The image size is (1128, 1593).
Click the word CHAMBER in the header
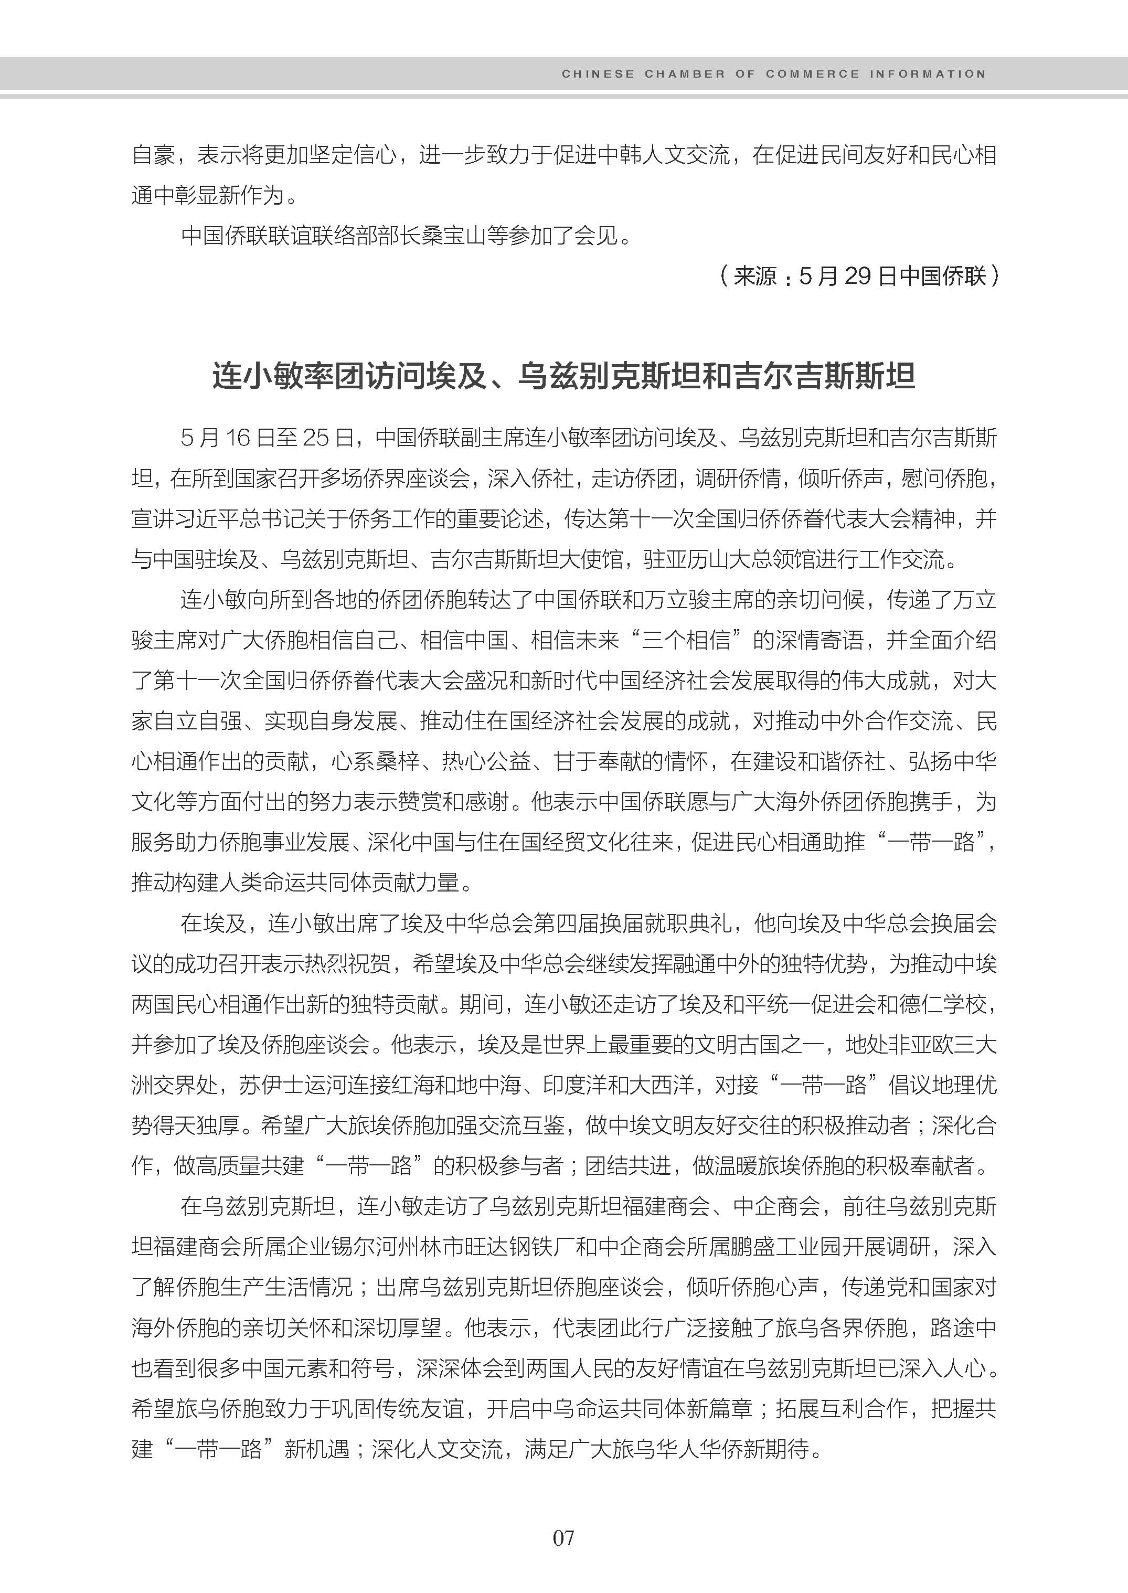pyautogui.click(x=684, y=73)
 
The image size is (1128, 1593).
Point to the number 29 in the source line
pyautogui.click(x=858, y=277)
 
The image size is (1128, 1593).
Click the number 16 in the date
pyautogui.click(x=238, y=438)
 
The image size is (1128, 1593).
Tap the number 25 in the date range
pyautogui.click(x=315, y=438)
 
